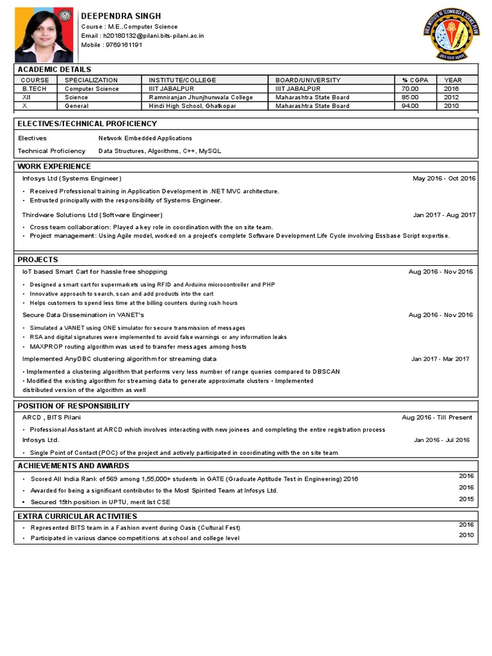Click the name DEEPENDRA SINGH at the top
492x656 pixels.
[x=121, y=16]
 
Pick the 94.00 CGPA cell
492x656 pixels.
[x=410, y=106]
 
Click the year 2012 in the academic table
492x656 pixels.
[x=452, y=97]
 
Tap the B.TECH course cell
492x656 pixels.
[x=35, y=89]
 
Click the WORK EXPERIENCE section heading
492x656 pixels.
[x=54, y=167]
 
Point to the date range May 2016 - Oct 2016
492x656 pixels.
[x=444, y=178]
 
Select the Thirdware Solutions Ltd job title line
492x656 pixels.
[x=92, y=215]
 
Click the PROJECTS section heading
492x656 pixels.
[x=38, y=259]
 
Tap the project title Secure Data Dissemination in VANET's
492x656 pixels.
[x=83, y=315]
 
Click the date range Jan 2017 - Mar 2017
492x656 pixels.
[x=440, y=359]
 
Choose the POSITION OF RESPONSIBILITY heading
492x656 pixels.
[x=74, y=406]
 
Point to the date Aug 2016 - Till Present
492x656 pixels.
[x=437, y=418]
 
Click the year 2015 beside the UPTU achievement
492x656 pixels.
[x=466, y=498]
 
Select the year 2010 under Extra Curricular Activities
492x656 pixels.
[x=466, y=535]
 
